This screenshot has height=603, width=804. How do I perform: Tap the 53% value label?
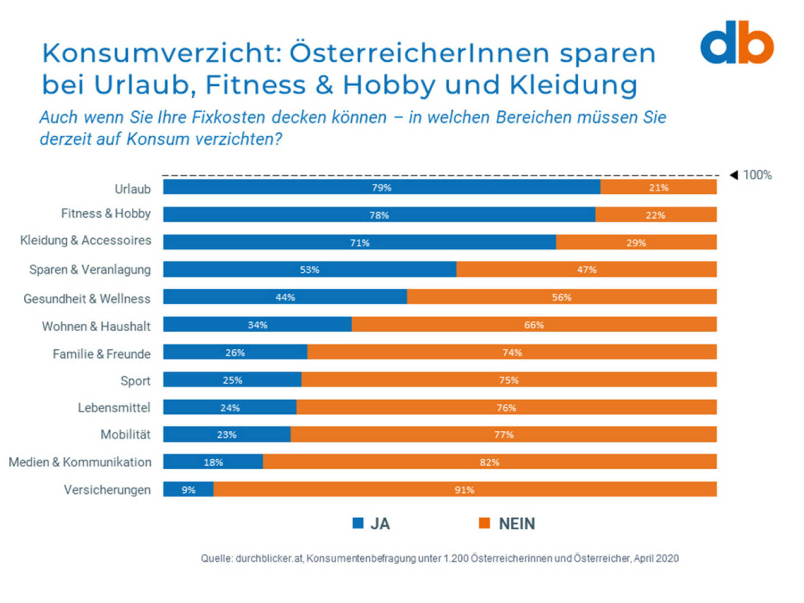point(309,270)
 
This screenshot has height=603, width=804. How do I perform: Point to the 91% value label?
point(464,490)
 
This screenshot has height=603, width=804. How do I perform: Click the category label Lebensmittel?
point(114,408)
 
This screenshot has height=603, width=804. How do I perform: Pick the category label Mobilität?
point(125,434)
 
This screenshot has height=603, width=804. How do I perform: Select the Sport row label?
point(135,381)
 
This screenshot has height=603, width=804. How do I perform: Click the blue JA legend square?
point(358,523)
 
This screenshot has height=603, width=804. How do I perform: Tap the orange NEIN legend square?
point(484,523)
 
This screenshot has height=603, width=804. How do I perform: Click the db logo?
point(736,43)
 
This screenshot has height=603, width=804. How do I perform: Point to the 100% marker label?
point(757,175)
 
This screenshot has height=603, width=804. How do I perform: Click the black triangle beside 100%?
point(734,175)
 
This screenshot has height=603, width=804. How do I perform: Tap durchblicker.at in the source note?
point(269,558)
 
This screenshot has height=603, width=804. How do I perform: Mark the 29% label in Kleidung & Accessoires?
point(635,243)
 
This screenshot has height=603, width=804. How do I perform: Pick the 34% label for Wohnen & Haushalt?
point(257,325)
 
